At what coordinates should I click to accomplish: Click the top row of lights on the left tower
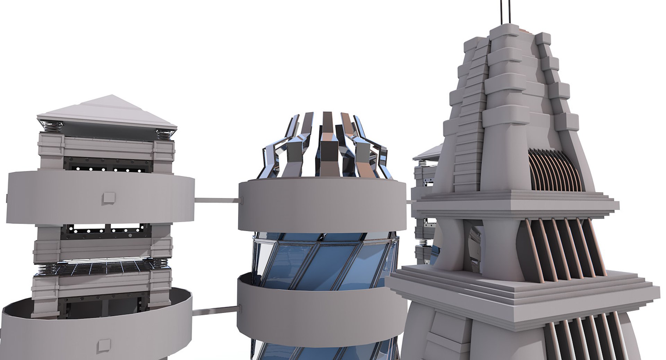click(x=108, y=170)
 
